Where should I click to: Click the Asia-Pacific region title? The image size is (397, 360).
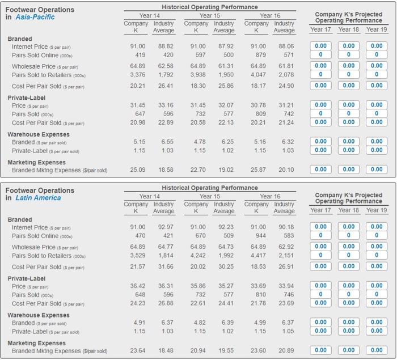tap(35, 18)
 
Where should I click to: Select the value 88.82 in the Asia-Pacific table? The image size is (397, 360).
tap(164, 46)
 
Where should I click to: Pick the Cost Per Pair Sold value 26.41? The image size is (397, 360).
tap(164, 86)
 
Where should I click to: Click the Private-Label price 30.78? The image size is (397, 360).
tap(255, 105)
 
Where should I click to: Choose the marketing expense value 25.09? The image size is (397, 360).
tap(137, 170)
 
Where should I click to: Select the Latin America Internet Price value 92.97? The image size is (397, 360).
tap(164, 227)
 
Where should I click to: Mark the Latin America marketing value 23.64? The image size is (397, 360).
tap(137, 350)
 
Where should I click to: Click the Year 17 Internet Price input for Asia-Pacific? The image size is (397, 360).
tap(320, 46)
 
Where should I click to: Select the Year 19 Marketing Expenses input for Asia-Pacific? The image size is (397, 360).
tap(377, 170)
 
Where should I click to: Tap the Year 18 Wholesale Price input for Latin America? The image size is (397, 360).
tap(348, 247)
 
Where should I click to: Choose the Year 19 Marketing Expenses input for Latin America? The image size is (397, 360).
tap(377, 350)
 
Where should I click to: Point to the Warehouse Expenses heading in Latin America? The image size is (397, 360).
tap(39, 315)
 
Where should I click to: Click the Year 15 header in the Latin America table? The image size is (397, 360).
tap(209, 196)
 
